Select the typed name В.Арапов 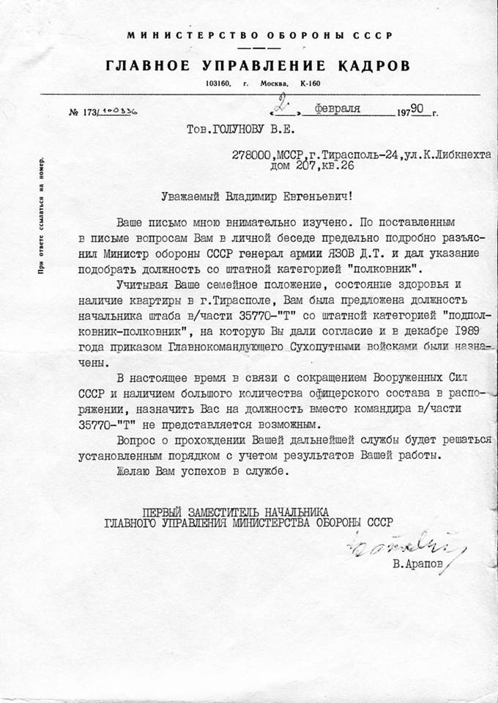point(417,567)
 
